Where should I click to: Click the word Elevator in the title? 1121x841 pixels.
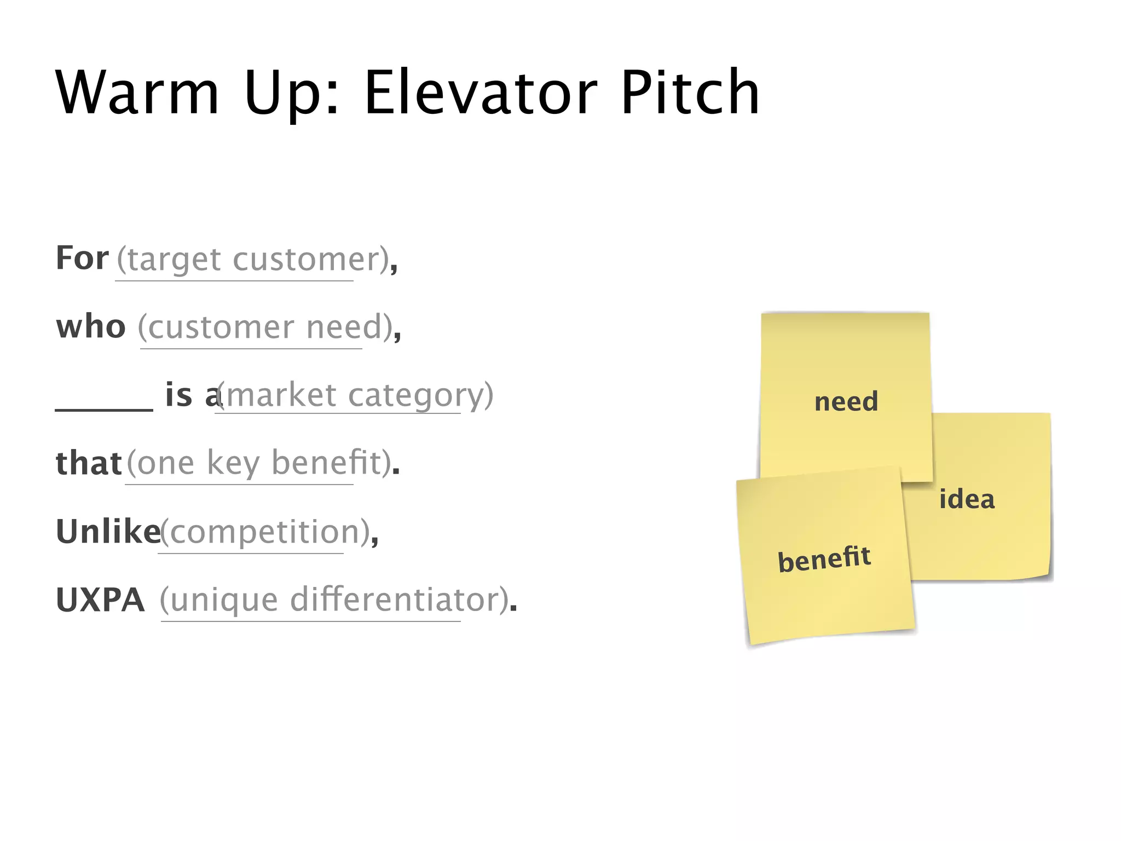click(x=480, y=93)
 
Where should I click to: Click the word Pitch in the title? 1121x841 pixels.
click(x=690, y=93)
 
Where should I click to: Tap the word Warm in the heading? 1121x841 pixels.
click(x=137, y=93)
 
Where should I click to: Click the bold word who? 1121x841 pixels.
click(x=91, y=327)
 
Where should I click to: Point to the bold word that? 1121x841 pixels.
click(x=88, y=463)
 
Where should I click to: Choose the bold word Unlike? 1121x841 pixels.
click(x=108, y=532)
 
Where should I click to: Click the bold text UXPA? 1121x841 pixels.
click(x=100, y=600)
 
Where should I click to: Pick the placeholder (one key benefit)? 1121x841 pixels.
click(x=259, y=464)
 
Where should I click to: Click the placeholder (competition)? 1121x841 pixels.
click(x=265, y=532)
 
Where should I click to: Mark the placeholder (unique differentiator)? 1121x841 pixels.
click(x=335, y=601)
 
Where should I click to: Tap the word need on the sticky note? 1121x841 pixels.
click(x=846, y=402)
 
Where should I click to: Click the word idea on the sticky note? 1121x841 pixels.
click(x=967, y=499)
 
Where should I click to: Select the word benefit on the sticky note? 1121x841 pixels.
click(x=824, y=559)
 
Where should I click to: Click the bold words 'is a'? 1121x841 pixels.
click(x=192, y=395)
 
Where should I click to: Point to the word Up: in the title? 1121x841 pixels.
click(x=291, y=93)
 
